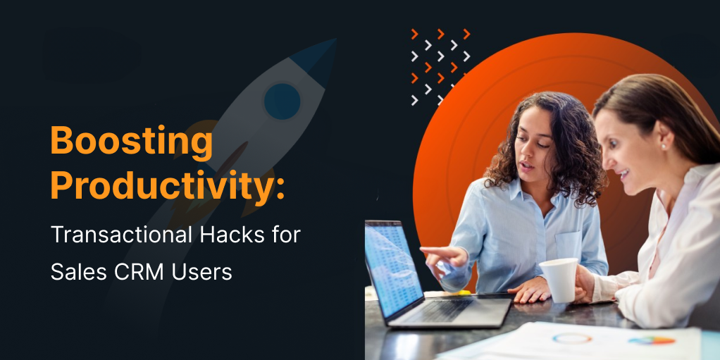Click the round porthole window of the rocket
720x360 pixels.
click(x=283, y=101)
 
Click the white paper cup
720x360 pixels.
click(x=559, y=280)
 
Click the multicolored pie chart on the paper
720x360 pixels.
click(x=652, y=341)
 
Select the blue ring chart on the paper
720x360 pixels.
click(x=572, y=338)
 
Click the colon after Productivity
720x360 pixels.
click(x=280, y=188)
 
